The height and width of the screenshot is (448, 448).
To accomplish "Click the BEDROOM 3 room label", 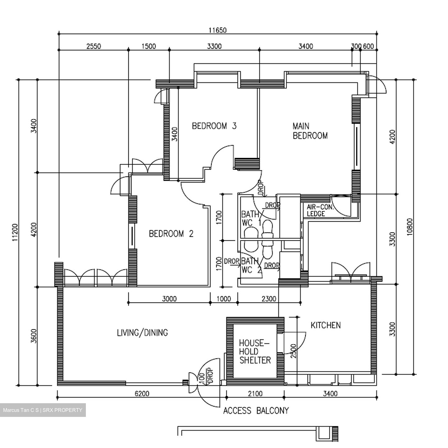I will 214,126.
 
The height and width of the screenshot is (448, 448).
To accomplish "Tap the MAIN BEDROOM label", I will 310,131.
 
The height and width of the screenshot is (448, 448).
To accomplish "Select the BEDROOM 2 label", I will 171,234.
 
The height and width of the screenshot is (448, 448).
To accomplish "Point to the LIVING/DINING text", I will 142,333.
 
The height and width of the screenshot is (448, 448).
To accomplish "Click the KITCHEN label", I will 325,325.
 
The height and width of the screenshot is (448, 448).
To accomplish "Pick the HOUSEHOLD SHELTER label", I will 255,352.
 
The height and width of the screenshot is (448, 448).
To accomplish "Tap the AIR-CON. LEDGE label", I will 320,211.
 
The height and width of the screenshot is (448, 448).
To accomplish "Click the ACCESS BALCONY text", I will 256,411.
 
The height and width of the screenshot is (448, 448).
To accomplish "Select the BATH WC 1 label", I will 251,218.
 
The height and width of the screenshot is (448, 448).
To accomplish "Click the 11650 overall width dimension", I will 217,30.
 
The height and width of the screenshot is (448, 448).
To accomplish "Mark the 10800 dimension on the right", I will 410,227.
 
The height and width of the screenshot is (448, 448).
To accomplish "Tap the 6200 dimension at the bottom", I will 142,394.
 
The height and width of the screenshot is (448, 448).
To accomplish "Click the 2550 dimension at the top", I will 93,46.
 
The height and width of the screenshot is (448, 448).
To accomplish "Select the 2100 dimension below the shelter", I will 255,394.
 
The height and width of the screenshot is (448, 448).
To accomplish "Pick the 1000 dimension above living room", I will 223,299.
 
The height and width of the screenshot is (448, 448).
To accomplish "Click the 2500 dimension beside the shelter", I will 293,351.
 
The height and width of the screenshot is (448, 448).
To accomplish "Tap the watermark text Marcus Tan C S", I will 21,410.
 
